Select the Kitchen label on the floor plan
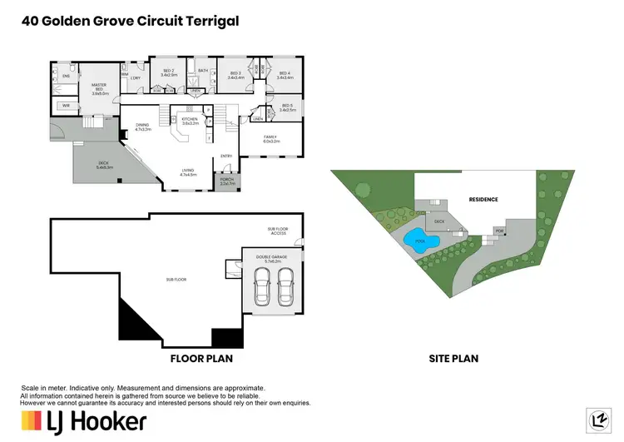pos(191,121)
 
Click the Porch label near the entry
pos(226,181)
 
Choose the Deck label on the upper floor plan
pos(104,166)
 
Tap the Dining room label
pos(142,127)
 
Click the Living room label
pos(189,172)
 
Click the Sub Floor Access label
pos(277,232)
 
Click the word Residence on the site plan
pos(483,200)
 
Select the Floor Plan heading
pos(201,360)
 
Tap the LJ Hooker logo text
pos(97,420)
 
